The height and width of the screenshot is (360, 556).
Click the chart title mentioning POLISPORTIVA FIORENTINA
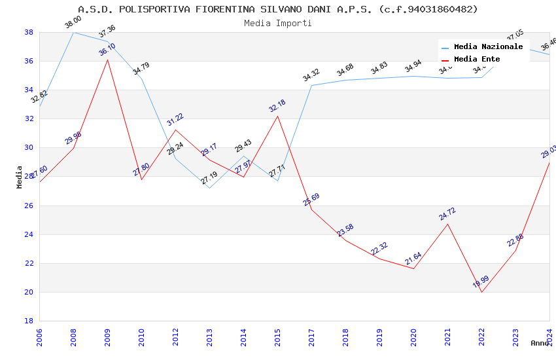tap(278, 9)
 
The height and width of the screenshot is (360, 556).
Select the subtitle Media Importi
tap(278, 23)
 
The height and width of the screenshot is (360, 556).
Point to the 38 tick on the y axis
tap(29, 32)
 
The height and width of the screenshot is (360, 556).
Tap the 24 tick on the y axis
tap(29, 234)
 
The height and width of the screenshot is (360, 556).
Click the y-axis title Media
tap(20, 177)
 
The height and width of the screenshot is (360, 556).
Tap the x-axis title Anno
tap(540, 343)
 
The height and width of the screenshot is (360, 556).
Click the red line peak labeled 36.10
tap(107, 60)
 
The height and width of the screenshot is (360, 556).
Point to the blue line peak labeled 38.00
tap(73, 32)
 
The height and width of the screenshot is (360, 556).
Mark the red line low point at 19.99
tap(481, 292)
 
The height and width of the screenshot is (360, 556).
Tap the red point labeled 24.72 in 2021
tap(447, 224)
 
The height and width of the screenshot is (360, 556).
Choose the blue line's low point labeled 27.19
tap(209, 188)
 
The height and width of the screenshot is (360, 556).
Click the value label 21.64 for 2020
tap(413, 259)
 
